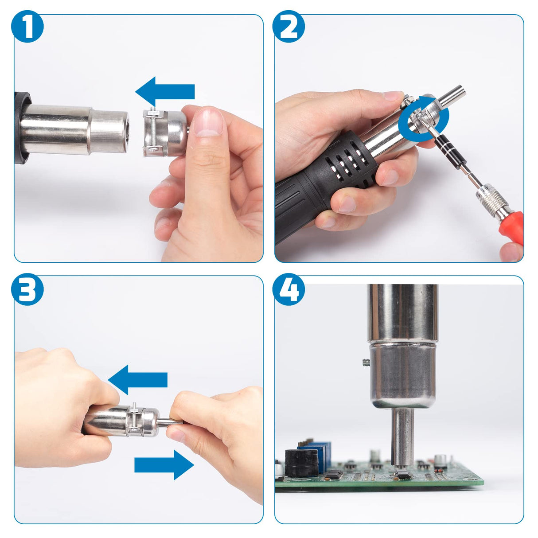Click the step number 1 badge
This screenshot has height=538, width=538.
27,27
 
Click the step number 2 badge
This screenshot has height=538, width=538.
288,27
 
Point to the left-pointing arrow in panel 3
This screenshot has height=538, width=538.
138,380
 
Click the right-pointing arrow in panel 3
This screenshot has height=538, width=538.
164,465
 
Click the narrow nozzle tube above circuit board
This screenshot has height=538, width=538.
402,437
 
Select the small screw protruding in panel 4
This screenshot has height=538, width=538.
366,363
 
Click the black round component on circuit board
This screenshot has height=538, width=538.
301,463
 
